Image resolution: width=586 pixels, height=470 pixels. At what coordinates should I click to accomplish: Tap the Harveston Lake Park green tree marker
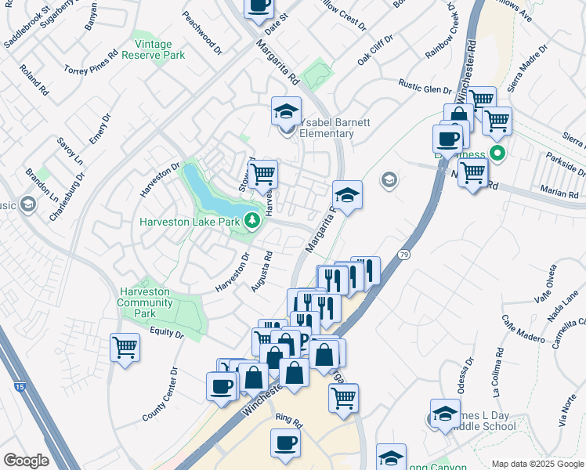click(x=252, y=221)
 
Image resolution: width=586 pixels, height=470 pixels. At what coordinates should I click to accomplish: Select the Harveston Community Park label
click(x=144, y=302)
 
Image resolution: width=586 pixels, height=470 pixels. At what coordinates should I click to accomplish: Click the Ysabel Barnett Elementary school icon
click(x=288, y=110)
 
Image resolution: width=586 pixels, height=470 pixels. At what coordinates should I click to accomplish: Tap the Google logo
click(x=26, y=461)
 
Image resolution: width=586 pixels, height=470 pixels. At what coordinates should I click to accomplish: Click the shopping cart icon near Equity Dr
click(x=125, y=347)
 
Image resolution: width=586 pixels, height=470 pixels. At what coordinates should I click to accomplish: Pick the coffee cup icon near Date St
click(x=259, y=5)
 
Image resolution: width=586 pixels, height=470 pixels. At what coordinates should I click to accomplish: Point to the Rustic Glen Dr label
click(x=425, y=85)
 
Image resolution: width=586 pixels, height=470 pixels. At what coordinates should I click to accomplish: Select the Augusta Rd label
click(x=262, y=271)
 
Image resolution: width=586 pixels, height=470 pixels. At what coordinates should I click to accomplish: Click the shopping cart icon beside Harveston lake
click(x=263, y=173)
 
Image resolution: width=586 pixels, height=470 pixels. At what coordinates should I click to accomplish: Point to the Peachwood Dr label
click(x=202, y=27)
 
